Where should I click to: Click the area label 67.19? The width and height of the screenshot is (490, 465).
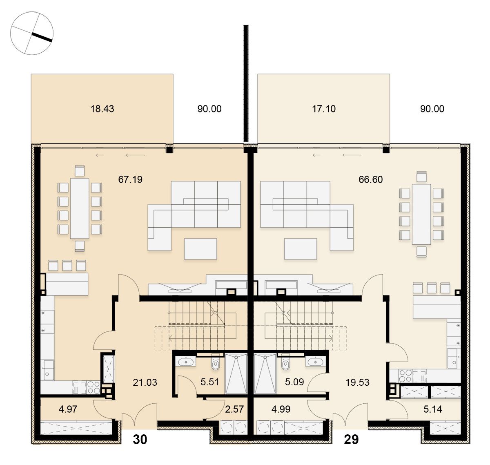(x=130, y=179)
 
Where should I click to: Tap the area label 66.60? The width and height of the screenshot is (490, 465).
(x=370, y=179)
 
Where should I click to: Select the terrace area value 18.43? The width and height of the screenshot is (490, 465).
(x=102, y=109)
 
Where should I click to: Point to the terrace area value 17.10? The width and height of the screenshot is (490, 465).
(x=324, y=109)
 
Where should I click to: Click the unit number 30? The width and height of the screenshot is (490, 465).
(x=140, y=439)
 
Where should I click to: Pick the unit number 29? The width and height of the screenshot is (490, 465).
(x=351, y=439)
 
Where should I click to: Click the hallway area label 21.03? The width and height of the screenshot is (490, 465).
(x=145, y=382)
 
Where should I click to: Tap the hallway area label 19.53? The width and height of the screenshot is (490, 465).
(x=357, y=382)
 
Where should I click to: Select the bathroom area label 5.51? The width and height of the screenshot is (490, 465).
(x=209, y=382)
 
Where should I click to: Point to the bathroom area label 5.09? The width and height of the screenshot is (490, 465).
(x=294, y=382)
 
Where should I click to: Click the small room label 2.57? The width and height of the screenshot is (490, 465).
(x=234, y=409)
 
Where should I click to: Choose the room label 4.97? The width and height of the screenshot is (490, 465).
(x=68, y=409)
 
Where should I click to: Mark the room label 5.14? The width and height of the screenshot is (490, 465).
(x=433, y=409)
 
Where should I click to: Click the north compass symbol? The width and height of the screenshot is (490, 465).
(x=32, y=33)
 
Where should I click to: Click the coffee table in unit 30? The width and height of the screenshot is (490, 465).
(x=200, y=249)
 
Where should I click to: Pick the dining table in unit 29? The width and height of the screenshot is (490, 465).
(x=421, y=214)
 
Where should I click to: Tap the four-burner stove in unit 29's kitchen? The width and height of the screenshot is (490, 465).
(x=405, y=376)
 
